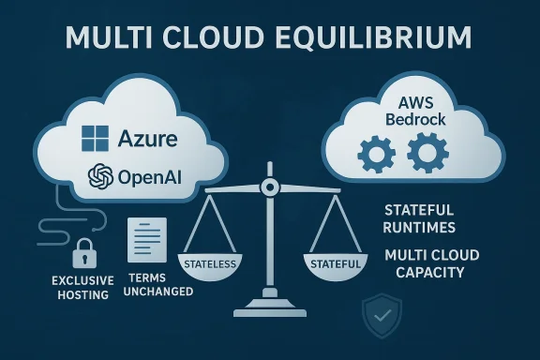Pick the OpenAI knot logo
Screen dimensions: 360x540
tap(99, 177)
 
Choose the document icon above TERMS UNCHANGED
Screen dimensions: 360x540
tap(146, 242)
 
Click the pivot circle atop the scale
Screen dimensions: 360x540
tap(270, 187)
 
